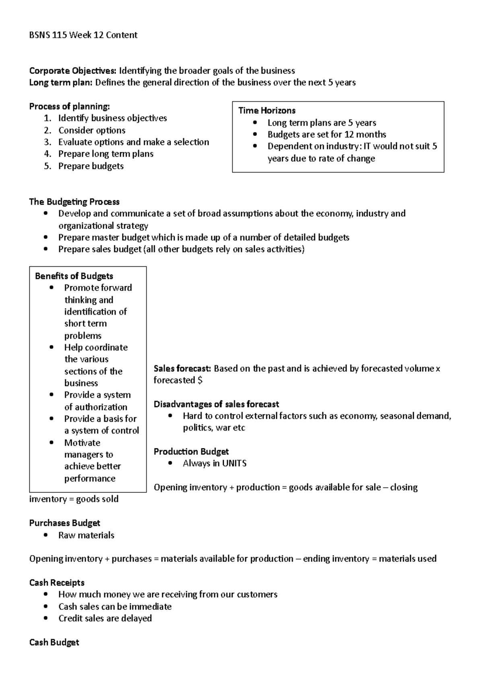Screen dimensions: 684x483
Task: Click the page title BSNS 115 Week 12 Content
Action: [83, 35]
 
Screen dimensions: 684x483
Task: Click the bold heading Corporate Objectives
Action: [72, 71]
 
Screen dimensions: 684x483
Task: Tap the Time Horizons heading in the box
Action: [267, 110]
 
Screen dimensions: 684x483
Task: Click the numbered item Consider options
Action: [92, 130]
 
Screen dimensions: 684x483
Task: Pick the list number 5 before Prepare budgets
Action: [47, 166]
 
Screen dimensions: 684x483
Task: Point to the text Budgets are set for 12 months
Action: [326, 134]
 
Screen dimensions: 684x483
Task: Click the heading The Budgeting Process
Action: [74, 201]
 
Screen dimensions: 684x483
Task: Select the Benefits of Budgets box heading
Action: [74, 276]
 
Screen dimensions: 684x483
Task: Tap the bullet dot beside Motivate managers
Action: [51, 442]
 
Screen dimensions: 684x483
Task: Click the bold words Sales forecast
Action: [182, 368]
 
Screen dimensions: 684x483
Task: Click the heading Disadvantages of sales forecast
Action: [216, 404]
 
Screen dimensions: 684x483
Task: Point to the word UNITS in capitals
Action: [234, 463]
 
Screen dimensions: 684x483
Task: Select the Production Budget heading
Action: [191, 452]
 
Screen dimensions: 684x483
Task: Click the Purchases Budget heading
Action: [64, 523]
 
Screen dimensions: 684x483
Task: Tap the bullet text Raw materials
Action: [86, 535]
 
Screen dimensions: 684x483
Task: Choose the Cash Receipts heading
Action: [57, 582]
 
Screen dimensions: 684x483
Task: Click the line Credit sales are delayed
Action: [105, 618]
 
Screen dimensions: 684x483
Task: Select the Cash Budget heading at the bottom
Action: [54, 642]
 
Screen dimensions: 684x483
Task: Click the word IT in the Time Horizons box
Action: [367, 146]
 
